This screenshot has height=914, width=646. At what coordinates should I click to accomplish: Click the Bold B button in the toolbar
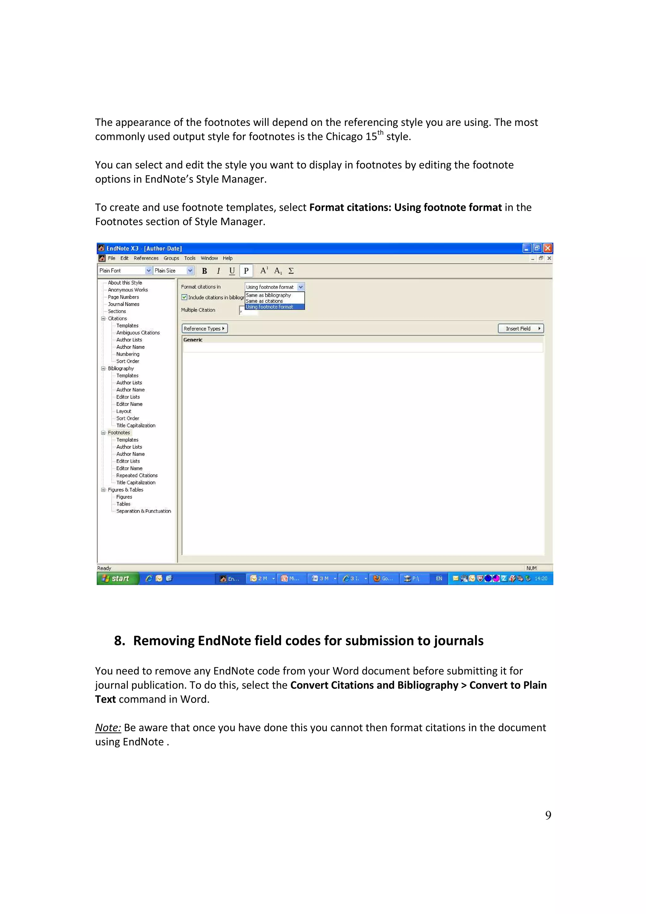(204, 271)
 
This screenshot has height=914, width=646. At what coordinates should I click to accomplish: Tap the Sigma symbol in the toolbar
(291, 271)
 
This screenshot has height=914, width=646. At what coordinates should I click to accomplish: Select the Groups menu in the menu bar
(171, 258)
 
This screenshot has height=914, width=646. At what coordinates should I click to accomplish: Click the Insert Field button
(521, 328)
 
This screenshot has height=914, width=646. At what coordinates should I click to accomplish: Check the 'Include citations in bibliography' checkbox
(184, 297)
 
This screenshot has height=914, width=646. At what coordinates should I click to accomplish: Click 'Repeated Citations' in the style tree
(137, 475)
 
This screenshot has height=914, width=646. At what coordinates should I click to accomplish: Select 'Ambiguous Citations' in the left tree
(138, 333)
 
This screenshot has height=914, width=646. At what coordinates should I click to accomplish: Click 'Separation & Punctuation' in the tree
(143, 511)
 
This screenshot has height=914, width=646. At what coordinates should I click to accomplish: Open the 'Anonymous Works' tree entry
(128, 290)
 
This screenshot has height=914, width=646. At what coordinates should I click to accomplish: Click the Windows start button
(117, 578)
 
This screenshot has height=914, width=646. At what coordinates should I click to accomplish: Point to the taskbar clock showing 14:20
(541, 578)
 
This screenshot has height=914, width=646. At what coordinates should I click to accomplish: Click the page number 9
(548, 815)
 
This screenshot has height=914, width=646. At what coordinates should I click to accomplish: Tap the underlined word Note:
(108, 728)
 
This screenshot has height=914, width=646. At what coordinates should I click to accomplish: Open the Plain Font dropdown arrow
(149, 271)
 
